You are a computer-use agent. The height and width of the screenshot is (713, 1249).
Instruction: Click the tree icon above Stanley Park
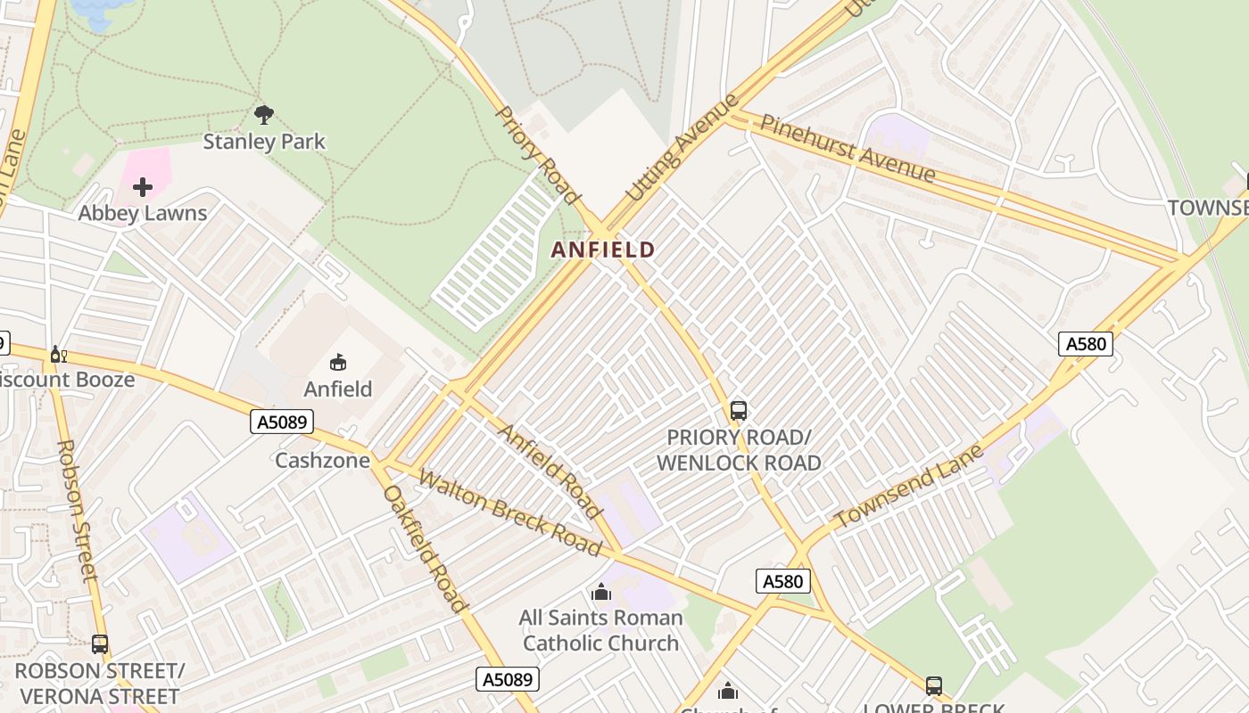[263, 114]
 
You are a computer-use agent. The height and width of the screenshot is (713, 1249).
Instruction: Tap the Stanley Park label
[264, 142]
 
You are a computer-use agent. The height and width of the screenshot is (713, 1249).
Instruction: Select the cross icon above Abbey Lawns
[142, 187]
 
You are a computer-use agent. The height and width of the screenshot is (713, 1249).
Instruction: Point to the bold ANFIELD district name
[603, 250]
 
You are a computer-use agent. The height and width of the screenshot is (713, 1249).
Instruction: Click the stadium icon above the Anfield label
[338, 363]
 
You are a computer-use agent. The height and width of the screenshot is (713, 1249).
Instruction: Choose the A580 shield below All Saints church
[783, 582]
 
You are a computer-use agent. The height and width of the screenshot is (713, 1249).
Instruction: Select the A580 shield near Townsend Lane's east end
[1085, 344]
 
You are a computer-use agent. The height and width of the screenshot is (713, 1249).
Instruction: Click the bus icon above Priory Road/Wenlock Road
[738, 411]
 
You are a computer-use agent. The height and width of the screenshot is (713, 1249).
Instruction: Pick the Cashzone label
[322, 461]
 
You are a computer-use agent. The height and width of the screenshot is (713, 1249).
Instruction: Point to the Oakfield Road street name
[426, 549]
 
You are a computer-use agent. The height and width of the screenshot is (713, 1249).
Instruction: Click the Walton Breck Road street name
[509, 512]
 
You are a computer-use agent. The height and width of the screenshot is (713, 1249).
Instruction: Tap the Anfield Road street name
[549, 471]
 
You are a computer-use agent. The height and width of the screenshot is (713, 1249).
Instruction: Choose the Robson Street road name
[77, 510]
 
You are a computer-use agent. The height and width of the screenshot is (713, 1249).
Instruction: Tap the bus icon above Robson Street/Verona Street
[99, 643]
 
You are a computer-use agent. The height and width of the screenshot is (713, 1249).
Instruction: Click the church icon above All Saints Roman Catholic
[601, 593]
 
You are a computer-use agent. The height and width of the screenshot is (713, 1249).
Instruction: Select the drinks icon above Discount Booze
[59, 355]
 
